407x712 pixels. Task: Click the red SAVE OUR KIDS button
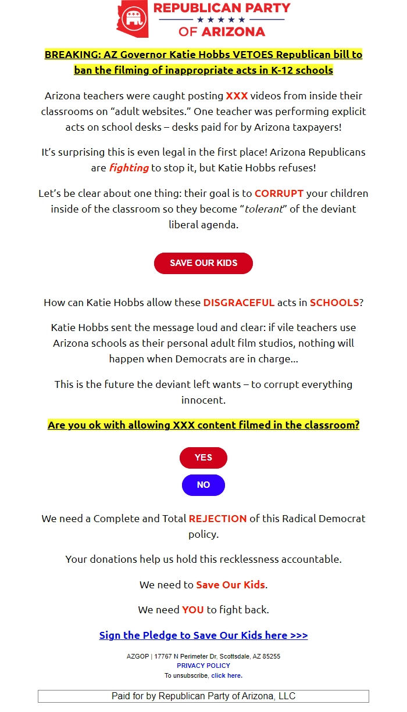pos(203,263)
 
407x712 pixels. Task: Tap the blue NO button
pos(203,485)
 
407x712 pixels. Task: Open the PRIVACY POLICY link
pos(203,666)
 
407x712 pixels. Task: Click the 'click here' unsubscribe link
pos(226,675)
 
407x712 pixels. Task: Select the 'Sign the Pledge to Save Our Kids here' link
pos(203,635)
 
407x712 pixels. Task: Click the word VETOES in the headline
pos(253,55)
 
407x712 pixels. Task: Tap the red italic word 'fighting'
pos(129,168)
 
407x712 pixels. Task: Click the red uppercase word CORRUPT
pos(279,193)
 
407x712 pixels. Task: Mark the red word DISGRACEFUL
pos(238,303)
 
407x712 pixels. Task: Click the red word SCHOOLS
pos(334,303)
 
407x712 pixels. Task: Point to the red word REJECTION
pos(217,519)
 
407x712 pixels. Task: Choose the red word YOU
pos(193,610)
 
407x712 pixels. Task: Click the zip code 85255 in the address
pos(270,656)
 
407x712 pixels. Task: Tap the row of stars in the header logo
pos(221,20)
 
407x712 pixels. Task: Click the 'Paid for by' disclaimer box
pos(203,696)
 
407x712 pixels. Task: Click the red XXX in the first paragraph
pos(237,96)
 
